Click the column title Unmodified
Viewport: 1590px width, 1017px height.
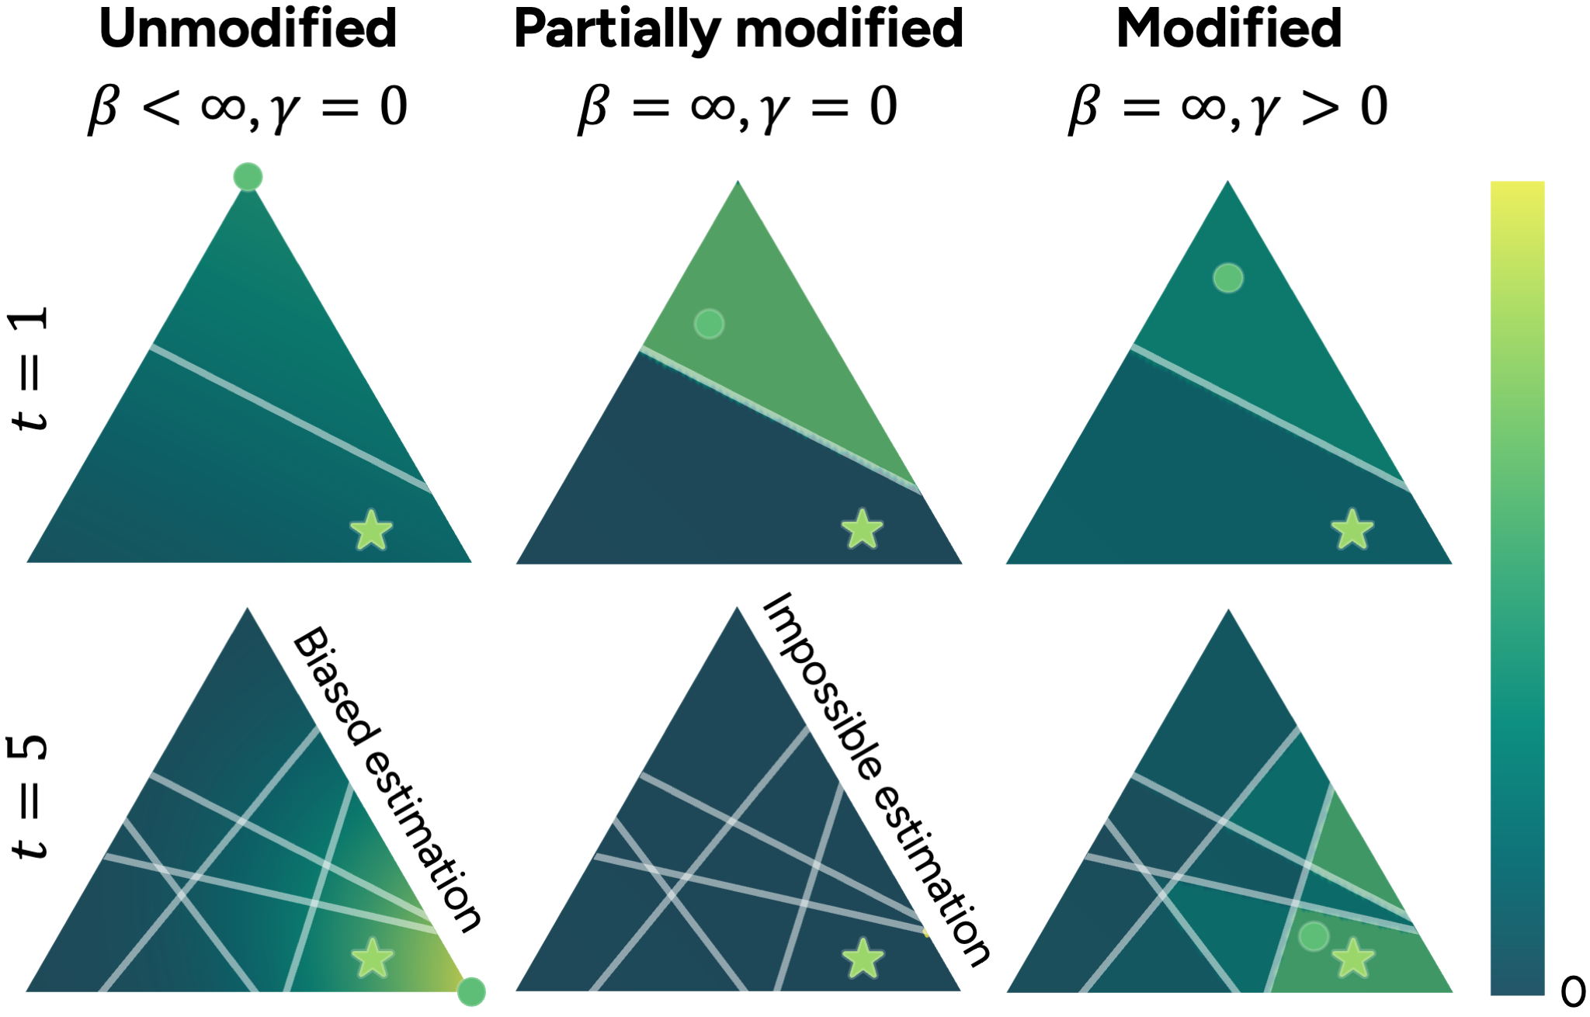click(248, 29)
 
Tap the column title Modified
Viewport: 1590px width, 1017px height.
click(1229, 29)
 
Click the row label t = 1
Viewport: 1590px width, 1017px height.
click(30, 368)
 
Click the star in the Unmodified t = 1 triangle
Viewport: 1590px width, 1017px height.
click(371, 530)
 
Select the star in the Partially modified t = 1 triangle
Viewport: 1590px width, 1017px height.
click(863, 529)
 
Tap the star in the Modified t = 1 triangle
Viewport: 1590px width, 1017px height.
click(1352, 530)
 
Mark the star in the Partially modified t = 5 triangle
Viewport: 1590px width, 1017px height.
click(863, 958)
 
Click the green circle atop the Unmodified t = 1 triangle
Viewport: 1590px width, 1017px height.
click(248, 177)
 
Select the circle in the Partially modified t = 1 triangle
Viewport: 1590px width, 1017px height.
click(709, 324)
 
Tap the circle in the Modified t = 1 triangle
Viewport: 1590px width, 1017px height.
click(1228, 277)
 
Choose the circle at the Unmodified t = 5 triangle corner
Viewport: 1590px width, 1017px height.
click(471, 991)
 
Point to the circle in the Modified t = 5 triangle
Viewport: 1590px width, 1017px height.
click(1314, 936)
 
